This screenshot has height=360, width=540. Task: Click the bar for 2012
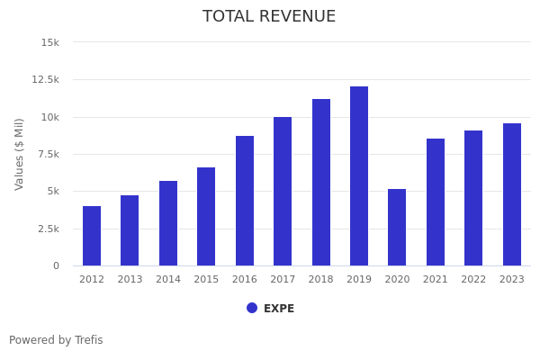(92, 236)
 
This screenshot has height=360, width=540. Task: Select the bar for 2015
(206, 216)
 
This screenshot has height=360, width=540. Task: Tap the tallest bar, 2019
(359, 175)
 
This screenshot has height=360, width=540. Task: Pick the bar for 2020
(397, 227)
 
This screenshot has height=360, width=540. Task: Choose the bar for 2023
(512, 194)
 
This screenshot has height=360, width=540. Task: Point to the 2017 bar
(283, 191)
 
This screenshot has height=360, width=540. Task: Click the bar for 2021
(436, 202)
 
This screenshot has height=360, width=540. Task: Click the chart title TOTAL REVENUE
(269, 17)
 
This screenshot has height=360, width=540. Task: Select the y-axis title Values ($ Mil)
(20, 153)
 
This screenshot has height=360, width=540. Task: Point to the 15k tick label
(50, 42)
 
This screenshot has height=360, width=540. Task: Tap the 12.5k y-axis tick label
(46, 79)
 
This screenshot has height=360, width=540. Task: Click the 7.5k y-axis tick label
(49, 154)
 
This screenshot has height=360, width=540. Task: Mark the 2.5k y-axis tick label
(49, 229)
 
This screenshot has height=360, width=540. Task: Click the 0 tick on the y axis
(56, 265)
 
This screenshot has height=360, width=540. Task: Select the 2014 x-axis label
(168, 280)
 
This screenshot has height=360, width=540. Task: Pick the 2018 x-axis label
(321, 280)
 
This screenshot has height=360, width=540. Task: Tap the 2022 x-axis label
(473, 280)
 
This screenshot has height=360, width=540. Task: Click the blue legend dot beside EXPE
(252, 308)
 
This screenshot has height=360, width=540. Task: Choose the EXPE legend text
(279, 309)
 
